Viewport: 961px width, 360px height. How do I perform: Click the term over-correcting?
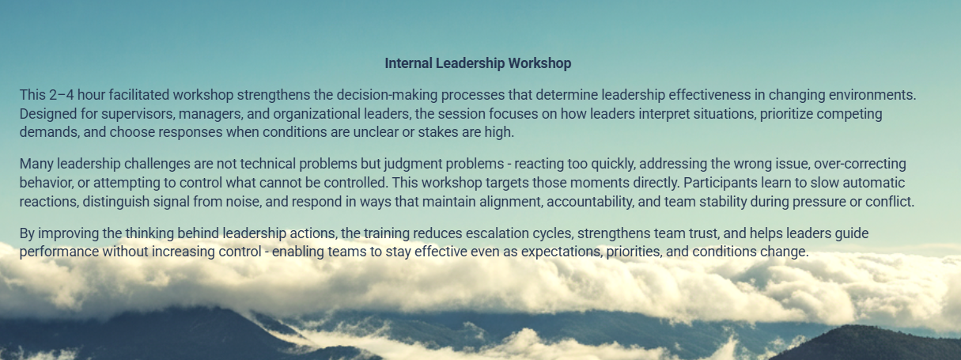[860, 165]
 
